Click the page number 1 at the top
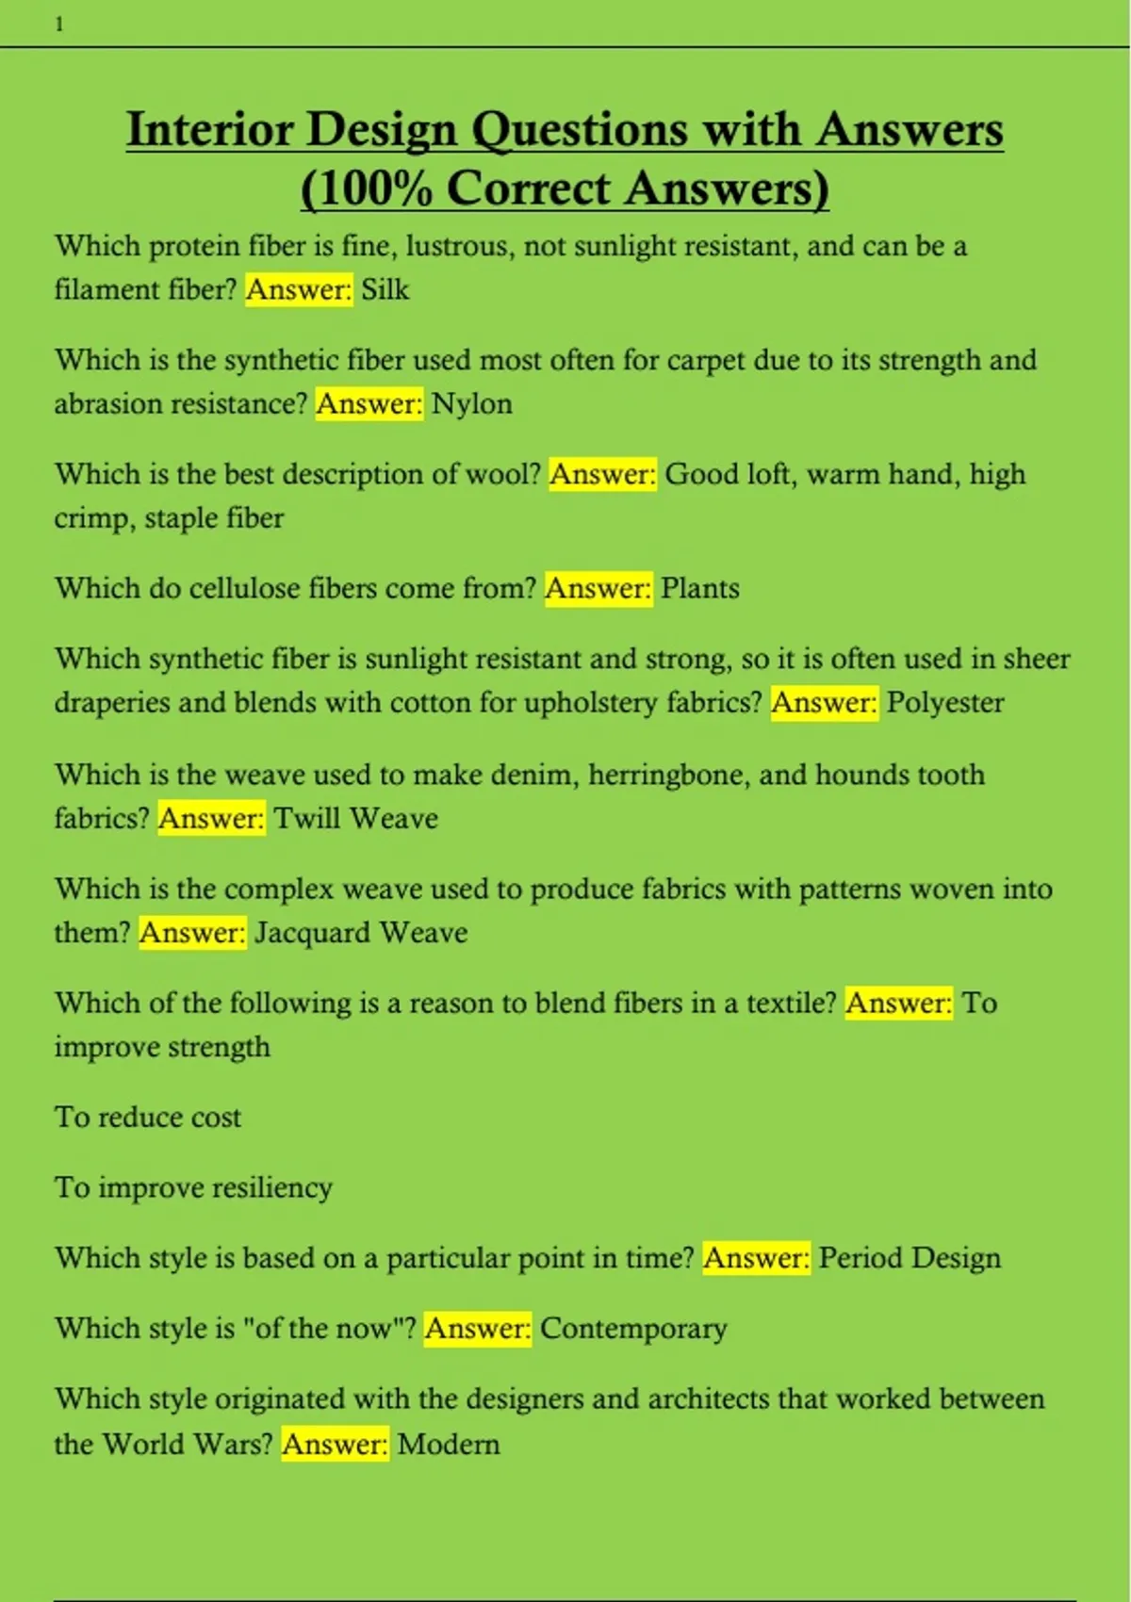coord(59,25)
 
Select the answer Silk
coord(385,289)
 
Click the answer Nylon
coord(471,404)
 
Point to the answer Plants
coord(699,589)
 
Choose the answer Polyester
coord(944,703)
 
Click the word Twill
coord(307,818)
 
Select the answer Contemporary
coord(633,1329)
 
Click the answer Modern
coord(449,1445)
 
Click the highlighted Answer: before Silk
coord(299,289)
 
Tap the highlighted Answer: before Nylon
coord(369,404)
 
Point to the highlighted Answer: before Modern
coord(335,1445)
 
